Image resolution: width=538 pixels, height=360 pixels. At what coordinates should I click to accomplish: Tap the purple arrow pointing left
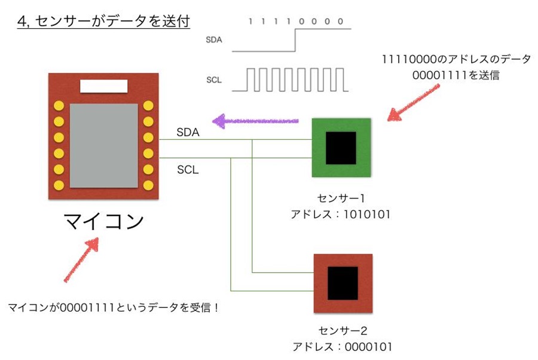[x=256, y=121]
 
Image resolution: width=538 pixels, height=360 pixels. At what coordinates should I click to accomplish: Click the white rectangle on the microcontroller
[x=103, y=86]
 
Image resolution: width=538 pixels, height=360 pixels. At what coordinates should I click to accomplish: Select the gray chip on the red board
[x=103, y=146]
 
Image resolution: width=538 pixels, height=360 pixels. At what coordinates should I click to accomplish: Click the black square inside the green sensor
[x=341, y=148]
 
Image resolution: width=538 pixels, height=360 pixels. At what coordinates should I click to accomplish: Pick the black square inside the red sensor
[x=343, y=283]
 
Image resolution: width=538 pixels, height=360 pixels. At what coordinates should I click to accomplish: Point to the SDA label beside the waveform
[x=214, y=40]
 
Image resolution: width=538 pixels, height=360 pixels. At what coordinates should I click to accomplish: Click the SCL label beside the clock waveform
[x=214, y=80]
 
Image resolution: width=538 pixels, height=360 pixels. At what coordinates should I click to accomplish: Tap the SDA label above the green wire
[x=188, y=133]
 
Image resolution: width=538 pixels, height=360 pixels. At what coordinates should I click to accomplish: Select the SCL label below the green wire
[x=188, y=169]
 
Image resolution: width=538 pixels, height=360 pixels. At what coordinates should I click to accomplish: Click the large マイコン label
[x=103, y=221]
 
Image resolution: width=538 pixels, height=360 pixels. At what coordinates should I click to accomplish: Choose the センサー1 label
[x=341, y=198]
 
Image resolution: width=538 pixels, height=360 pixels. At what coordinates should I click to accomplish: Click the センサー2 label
[x=343, y=331]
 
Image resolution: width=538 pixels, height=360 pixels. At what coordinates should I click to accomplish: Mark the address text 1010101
[x=367, y=215]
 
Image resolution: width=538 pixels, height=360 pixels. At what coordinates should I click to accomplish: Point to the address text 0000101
[x=368, y=347]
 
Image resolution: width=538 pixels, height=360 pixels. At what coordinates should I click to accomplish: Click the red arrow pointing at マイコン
[x=81, y=260]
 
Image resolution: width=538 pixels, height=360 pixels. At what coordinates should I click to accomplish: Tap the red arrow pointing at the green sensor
[x=414, y=103]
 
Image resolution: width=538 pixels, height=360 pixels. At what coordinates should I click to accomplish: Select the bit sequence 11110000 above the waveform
[x=295, y=22]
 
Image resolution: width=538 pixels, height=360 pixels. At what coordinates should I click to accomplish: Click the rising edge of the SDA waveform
[x=295, y=40]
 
